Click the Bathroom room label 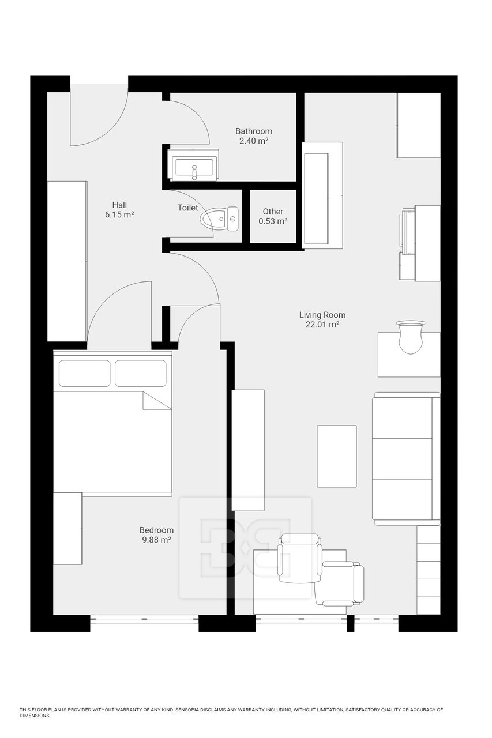(253, 131)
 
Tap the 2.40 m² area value (253, 141)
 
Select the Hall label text (119, 205)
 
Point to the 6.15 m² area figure (119, 215)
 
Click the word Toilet (188, 208)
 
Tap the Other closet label (273, 212)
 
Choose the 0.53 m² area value (273, 221)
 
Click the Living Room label (322, 315)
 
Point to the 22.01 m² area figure (322, 325)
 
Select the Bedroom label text (156, 530)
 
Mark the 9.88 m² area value (156, 540)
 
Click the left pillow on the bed (84, 373)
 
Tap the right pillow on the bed (140, 373)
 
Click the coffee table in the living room (336, 456)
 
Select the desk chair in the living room (410, 337)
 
